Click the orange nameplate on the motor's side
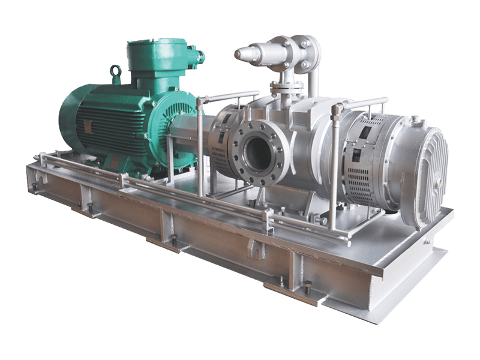[x=88, y=127]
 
